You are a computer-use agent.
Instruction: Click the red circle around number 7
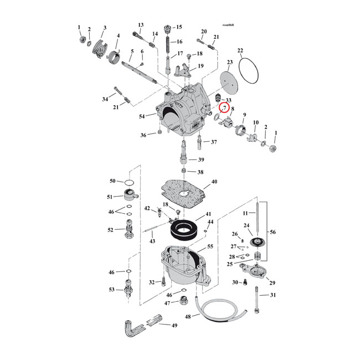[x=225, y=108]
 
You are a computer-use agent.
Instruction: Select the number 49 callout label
[x=174, y=326]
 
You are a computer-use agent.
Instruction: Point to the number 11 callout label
[x=245, y=213]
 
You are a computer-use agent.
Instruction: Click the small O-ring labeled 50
[x=128, y=182]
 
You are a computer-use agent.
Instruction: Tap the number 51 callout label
[x=111, y=197]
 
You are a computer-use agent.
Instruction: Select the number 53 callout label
[x=111, y=290]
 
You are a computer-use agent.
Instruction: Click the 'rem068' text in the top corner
[x=228, y=25]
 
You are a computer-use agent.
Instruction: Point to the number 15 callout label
[x=178, y=27]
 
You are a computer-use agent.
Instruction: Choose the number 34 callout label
[x=105, y=99]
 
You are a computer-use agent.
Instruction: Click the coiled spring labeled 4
[x=114, y=56]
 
